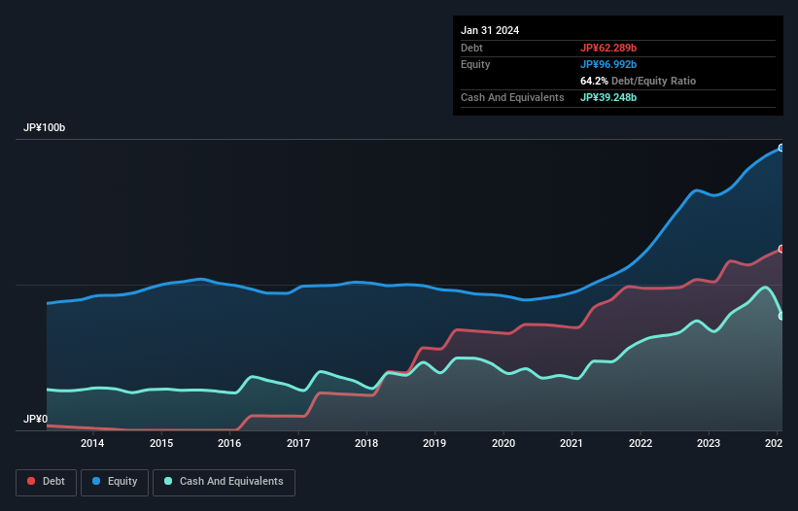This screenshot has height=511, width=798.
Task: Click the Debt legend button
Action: [x=45, y=481]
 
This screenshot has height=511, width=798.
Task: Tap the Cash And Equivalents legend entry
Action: [x=224, y=481]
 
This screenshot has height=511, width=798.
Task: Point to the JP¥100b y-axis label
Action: [x=45, y=128]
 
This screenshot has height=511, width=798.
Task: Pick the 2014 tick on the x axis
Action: [x=92, y=444]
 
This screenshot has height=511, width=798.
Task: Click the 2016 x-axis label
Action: [x=229, y=444]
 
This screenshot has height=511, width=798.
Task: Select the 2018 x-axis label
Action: [x=366, y=444]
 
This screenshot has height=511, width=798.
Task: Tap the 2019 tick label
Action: [x=435, y=444]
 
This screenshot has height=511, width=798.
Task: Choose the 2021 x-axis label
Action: [x=572, y=444]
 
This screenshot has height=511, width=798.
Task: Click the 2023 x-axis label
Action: [x=710, y=444]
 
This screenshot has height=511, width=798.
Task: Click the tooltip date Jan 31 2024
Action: [x=490, y=30]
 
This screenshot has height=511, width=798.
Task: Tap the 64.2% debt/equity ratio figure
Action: [x=594, y=81]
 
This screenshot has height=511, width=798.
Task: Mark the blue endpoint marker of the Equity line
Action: [x=781, y=148]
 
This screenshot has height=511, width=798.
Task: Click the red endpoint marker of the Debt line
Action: [x=781, y=249]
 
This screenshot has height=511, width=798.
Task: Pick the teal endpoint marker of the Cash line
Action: [x=781, y=316]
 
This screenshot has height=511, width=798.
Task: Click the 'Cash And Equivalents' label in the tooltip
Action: [x=512, y=97]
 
